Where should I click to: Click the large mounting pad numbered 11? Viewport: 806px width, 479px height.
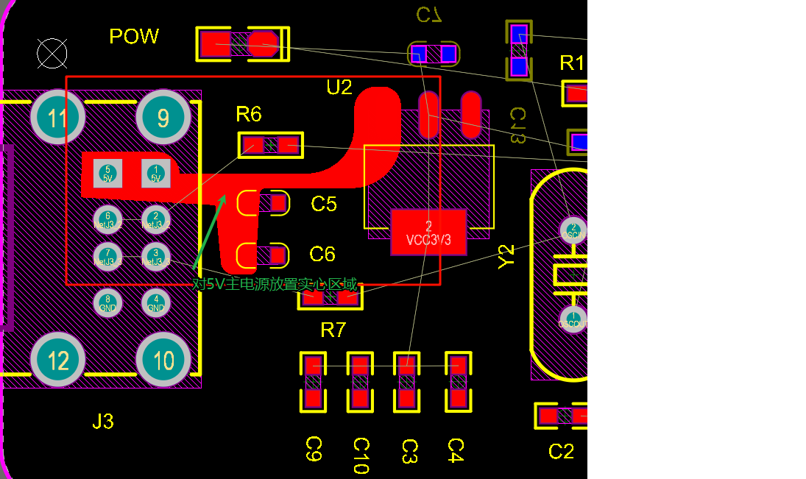pos(57,118)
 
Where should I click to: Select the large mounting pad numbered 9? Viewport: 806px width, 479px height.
pos(163,118)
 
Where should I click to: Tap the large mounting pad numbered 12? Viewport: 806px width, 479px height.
pos(57,361)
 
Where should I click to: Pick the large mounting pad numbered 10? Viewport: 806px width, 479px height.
pos(163,361)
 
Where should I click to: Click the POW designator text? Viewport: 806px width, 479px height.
pos(134,37)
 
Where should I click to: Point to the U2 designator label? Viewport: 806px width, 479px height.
pos(339,88)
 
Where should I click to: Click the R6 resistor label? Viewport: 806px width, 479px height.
pos(249,114)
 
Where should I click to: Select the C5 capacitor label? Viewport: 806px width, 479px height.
pos(323,204)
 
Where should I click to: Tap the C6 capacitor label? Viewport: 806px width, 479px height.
pos(322,255)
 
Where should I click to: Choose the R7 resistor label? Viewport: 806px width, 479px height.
pos(333,330)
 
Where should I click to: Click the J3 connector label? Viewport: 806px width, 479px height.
pos(103,422)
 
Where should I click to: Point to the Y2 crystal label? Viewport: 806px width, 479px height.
pos(506,257)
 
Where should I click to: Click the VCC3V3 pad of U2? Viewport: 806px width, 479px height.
pos(428,233)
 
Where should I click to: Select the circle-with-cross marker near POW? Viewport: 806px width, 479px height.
pos(52,53)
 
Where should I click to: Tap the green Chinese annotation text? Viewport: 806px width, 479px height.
pos(275,284)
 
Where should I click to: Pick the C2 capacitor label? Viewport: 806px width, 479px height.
pos(561,451)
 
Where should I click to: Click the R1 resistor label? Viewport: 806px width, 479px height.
pos(572,63)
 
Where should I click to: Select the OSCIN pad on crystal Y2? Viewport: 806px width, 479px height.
pos(573,230)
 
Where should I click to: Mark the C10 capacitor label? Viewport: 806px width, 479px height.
pos(361,455)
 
